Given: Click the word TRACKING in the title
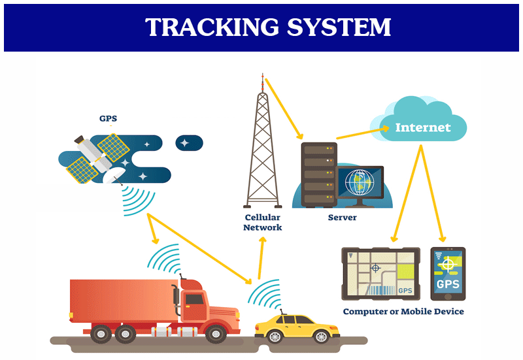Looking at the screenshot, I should (209, 27).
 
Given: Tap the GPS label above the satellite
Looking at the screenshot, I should (109, 119).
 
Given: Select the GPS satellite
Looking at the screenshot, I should (98, 157).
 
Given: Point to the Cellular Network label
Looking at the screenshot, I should (262, 222).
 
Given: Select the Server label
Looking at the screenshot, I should (342, 218).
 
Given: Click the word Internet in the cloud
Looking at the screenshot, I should (422, 127).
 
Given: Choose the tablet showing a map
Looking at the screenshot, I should (379, 273).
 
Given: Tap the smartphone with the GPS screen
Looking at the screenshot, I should (448, 273).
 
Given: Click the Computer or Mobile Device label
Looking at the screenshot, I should (403, 312).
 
